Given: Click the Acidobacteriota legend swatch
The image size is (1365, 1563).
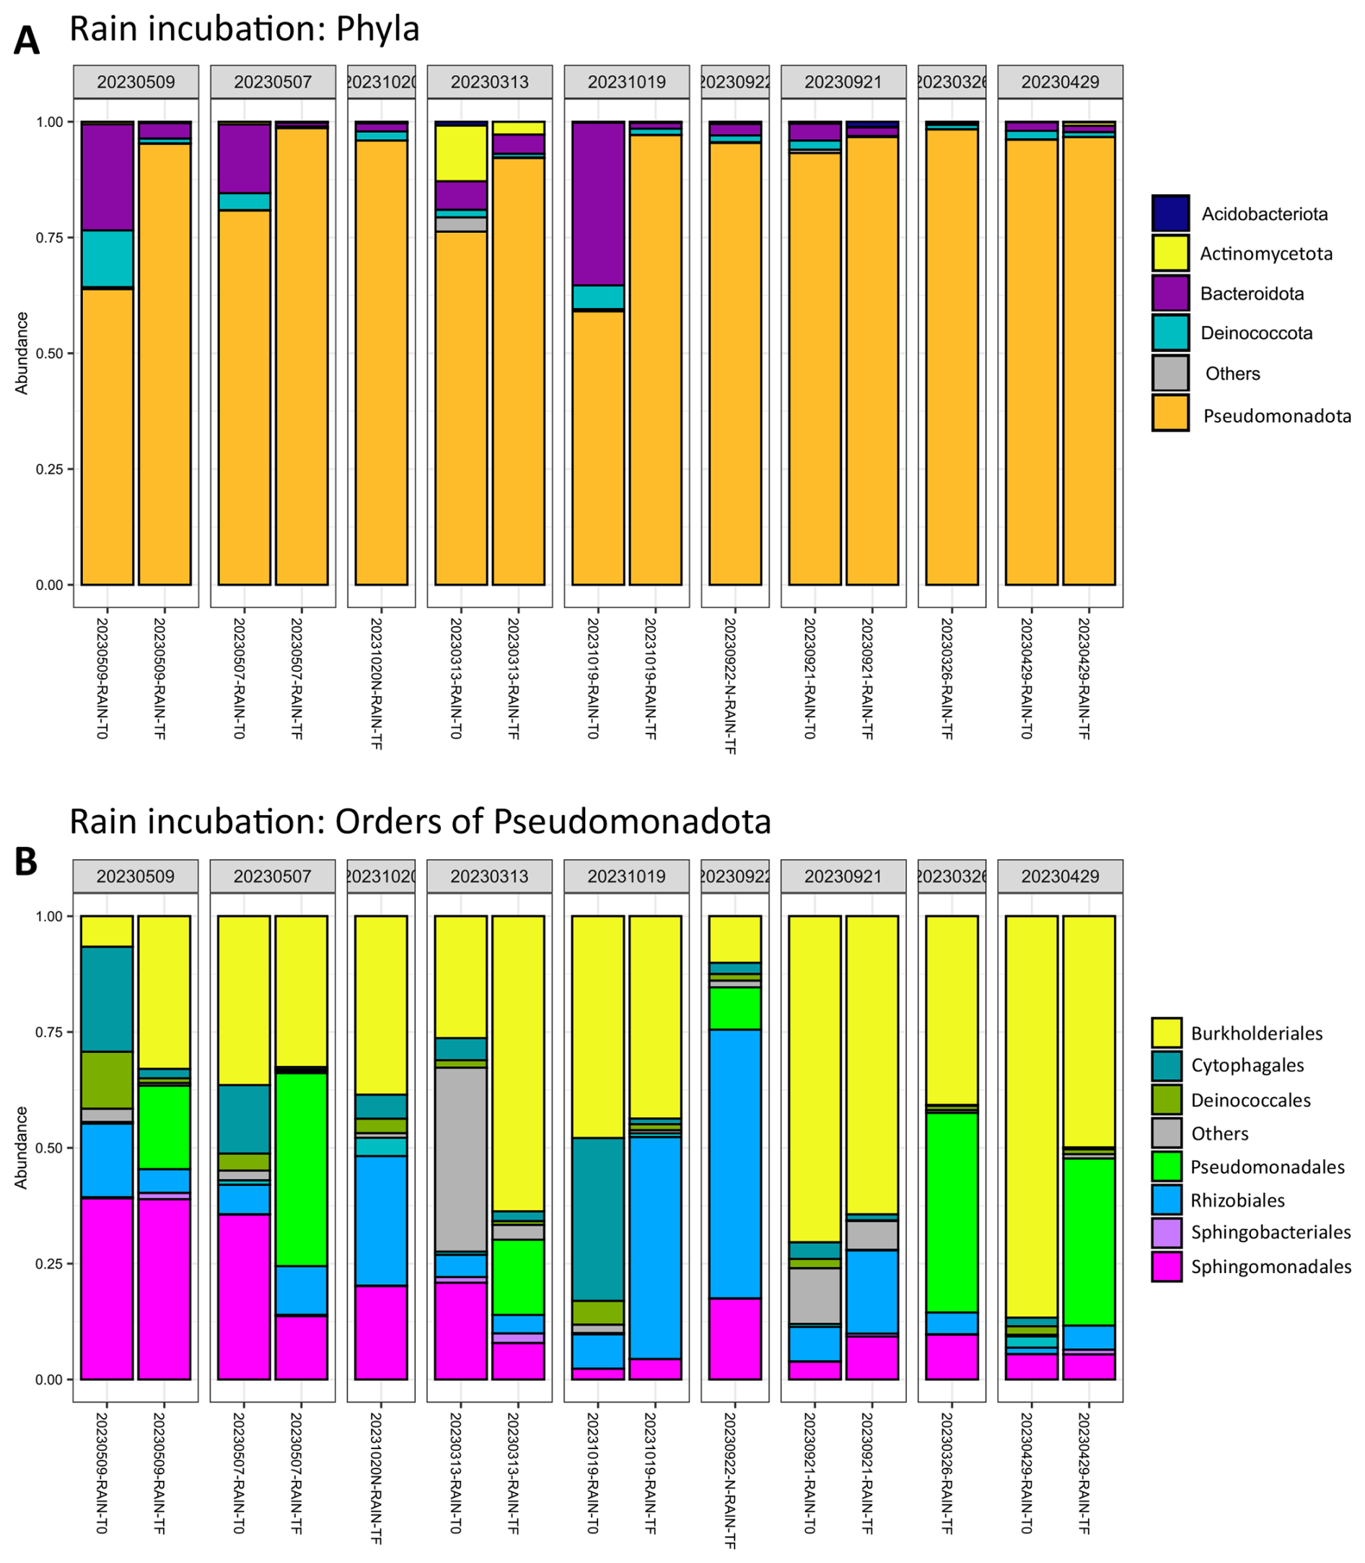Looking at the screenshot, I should tap(1170, 214).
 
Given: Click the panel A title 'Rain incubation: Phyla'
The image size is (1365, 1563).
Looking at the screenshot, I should tap(245, 29).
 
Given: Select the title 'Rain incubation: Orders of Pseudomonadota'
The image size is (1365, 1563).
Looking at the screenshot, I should tap(420, 822).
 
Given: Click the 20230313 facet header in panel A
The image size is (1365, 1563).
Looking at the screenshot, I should tap(489, 82).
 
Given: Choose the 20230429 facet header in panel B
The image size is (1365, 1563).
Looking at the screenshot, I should tap(1061, 876).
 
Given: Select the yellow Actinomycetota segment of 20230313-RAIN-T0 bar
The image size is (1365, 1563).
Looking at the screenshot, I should tap(461, 153).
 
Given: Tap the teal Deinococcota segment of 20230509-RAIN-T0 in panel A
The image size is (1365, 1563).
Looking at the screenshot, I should tap(107, 259).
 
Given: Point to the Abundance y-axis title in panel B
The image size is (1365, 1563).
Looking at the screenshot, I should tap(22, 1148).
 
